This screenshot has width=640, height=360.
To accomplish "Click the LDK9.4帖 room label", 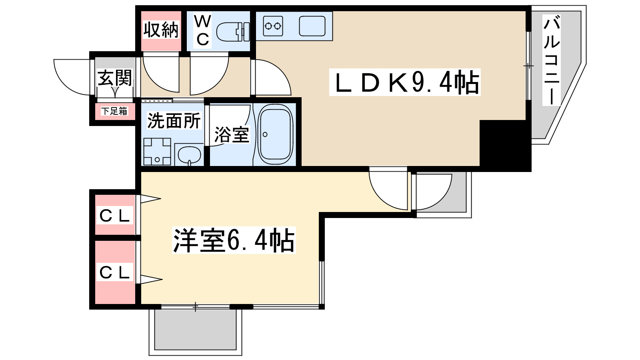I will pos(405,82).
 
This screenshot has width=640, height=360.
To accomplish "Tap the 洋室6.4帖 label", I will pos(234,240).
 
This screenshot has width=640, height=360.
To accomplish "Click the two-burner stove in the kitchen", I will pos(273,26).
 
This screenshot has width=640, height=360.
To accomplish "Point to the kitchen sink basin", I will pos(312,26).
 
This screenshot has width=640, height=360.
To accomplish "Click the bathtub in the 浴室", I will pos(275,134).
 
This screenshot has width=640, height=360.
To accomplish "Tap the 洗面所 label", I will pos(174,121).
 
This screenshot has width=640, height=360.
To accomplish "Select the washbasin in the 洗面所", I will pos(189,155).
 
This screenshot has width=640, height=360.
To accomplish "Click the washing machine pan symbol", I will pos(157,152).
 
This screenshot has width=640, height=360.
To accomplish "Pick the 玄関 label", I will pos(115,78).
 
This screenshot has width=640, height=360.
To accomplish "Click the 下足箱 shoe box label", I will pos(114,111).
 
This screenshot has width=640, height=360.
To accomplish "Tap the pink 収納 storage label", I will pos(161,30).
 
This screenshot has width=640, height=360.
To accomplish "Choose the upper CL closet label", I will pos(114,216).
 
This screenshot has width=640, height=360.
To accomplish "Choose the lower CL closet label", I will pos(114,272).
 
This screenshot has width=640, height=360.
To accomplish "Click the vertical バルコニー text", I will pos(551,60).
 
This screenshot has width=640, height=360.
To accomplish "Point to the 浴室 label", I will pos(232,134).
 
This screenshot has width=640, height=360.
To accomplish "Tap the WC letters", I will pos(202,30).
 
